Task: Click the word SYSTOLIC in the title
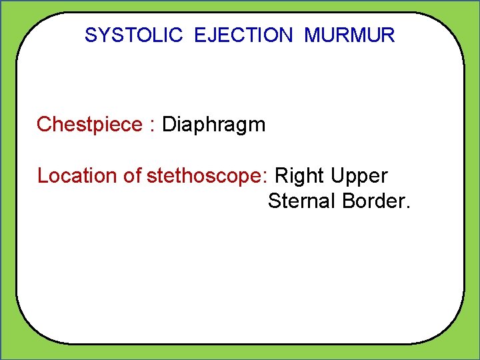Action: pos(133,35)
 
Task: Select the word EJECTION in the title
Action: pos(243,35)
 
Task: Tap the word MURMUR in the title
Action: pos(349,35)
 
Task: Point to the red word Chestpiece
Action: pos(89,125)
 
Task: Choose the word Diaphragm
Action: pos(214,125)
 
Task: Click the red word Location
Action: pos(78,176)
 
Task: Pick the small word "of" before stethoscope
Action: pos(133,176)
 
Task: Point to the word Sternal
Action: pos(302,201)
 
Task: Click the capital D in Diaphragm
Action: pos(169,125)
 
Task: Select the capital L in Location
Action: pos(42,176)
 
